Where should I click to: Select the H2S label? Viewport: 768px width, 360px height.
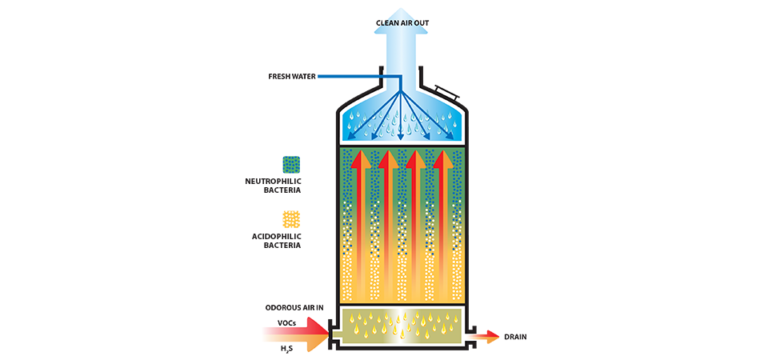point(286,347)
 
